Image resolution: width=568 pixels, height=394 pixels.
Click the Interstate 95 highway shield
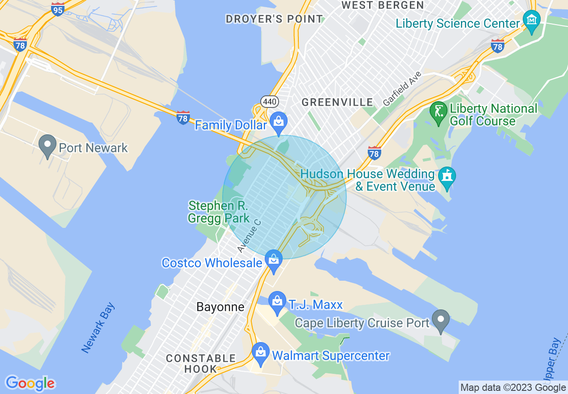tap(57, 9)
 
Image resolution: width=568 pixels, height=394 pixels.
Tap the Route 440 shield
tap(270, 102)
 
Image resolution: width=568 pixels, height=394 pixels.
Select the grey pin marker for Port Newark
tap(48, 145)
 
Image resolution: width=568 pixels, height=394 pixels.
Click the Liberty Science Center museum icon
tap(532, 21)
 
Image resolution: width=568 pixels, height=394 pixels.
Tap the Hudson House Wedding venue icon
tap(447, 176)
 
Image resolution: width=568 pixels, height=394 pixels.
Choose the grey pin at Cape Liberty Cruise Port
tap(441, 320)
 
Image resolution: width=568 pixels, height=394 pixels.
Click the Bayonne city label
tap(220, 307)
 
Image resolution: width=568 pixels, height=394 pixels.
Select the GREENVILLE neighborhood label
tap(337, 102)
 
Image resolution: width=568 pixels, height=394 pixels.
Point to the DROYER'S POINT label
tap(274, 19)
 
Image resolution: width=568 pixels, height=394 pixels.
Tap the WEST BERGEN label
tap(383, 5)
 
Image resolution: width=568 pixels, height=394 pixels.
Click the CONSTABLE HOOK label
tap(201, 364)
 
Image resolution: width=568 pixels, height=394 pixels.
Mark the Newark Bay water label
tap(99, 328)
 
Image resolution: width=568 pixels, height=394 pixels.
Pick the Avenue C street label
tap(249, 235)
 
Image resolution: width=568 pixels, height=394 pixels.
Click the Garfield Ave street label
tap(402, 89)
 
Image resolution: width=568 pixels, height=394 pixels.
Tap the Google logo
tap(30, 383)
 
